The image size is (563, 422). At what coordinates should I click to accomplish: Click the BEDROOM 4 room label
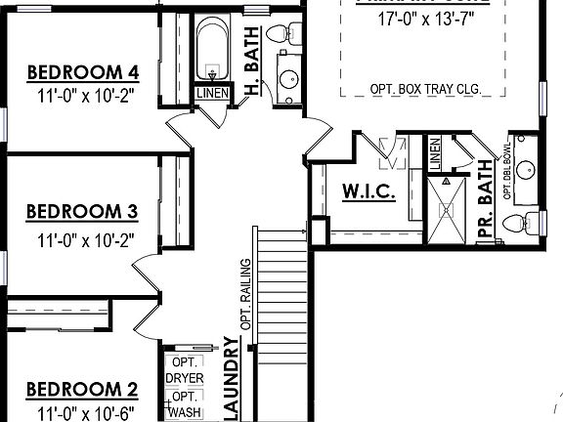point(82,71)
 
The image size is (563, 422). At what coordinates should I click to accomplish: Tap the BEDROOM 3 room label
point(82,211)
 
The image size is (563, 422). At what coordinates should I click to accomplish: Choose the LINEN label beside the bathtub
point(212,93)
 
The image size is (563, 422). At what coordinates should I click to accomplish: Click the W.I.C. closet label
point(368,192)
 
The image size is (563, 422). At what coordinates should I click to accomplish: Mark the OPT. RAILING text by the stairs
point(246,293)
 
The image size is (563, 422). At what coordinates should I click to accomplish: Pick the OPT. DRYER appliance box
point(184,370)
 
